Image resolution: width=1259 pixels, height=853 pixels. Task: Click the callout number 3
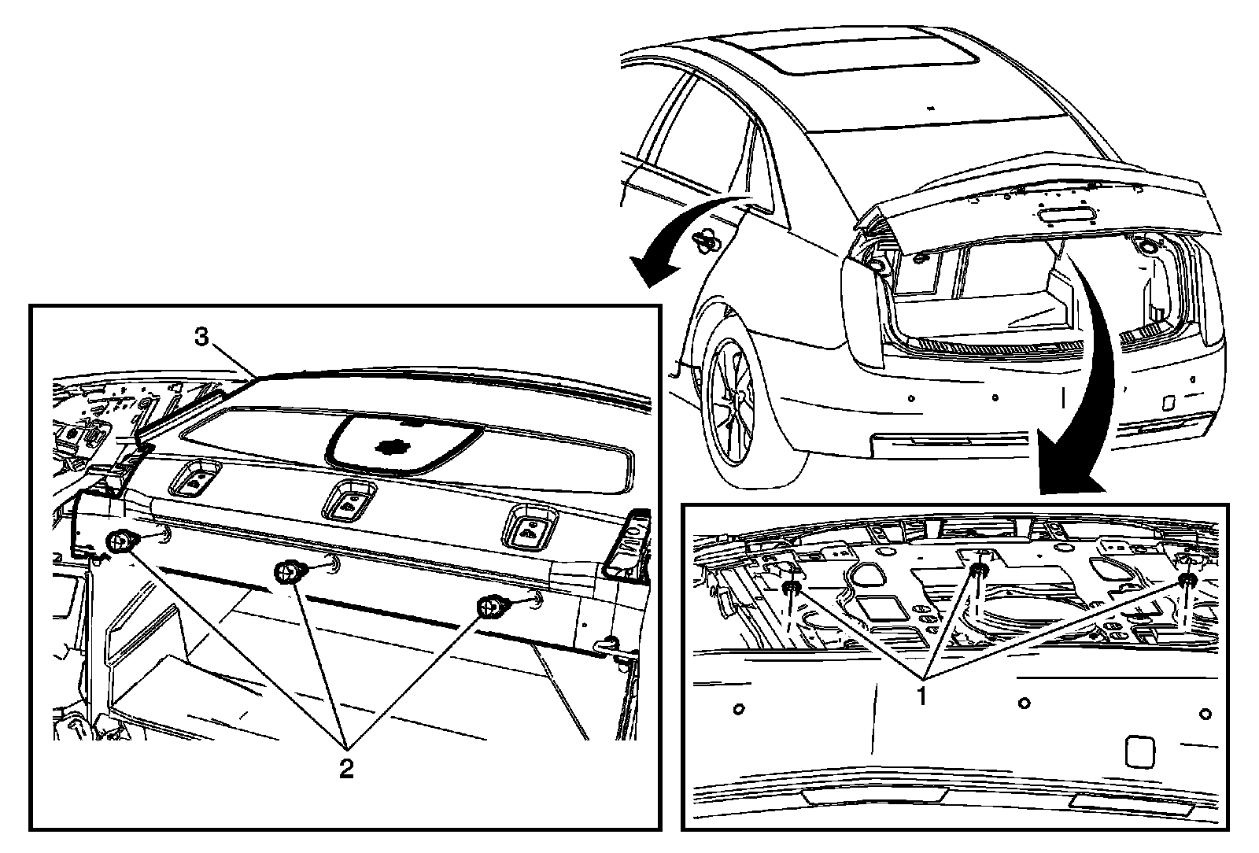202,338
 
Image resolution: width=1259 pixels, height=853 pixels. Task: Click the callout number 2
345,768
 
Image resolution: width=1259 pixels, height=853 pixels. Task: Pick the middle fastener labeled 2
288,572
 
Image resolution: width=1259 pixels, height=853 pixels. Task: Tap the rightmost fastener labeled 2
491,606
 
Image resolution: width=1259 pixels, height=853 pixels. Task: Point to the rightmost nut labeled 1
1187,580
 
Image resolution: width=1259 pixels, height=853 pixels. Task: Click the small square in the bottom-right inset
1139,751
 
